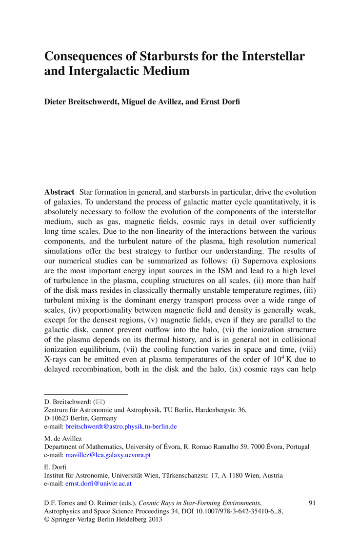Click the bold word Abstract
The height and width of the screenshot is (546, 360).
click(x=59, y=192)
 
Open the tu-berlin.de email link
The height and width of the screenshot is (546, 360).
click(x=121, y=426)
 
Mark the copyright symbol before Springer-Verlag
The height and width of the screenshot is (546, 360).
click(x=47, y=519)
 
